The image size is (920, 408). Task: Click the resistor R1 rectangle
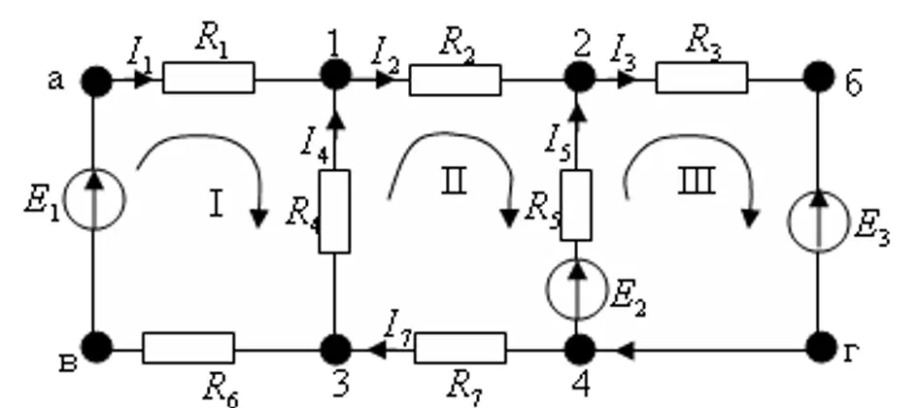[209, 78]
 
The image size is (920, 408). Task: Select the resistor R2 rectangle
[456, 80]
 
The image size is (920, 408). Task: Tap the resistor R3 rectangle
[701, 78]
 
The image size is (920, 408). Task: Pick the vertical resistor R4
[334, 212]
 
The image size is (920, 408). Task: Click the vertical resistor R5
[576, 205]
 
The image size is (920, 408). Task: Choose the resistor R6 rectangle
[188, 348]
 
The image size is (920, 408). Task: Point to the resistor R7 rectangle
[460, 348]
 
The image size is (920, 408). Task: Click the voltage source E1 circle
[94, 199]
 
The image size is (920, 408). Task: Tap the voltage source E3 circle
[819, 221]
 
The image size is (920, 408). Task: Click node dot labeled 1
[335, 75]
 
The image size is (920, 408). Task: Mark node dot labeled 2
[580, 77]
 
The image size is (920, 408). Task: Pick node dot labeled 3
[335, 350]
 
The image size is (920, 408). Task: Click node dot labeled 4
[580, 350]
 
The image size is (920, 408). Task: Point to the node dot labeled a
[96, 81]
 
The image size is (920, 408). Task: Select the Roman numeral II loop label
[454, 182]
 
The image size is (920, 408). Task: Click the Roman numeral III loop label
[697, 181]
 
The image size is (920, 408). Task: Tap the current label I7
[399, 327]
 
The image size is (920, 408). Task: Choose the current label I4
[315, 144]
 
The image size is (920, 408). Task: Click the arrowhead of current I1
[143, 80]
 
